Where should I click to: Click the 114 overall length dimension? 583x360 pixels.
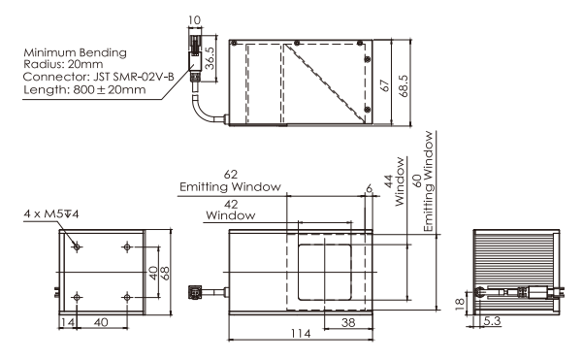point(301,333)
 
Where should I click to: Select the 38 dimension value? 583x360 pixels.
point(348,322)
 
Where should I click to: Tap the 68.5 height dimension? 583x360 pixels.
point(404,85)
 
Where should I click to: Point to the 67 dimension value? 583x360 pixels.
point(385,85)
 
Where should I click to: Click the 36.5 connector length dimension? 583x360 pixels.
point(210,58)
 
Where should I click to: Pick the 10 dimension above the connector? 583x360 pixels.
point(194,19)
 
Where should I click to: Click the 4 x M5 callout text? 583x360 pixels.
point(51,213)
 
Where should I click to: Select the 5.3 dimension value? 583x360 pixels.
point(492,320)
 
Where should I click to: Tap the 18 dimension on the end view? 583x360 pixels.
point(461,304)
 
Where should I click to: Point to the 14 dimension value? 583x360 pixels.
point(67,322)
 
